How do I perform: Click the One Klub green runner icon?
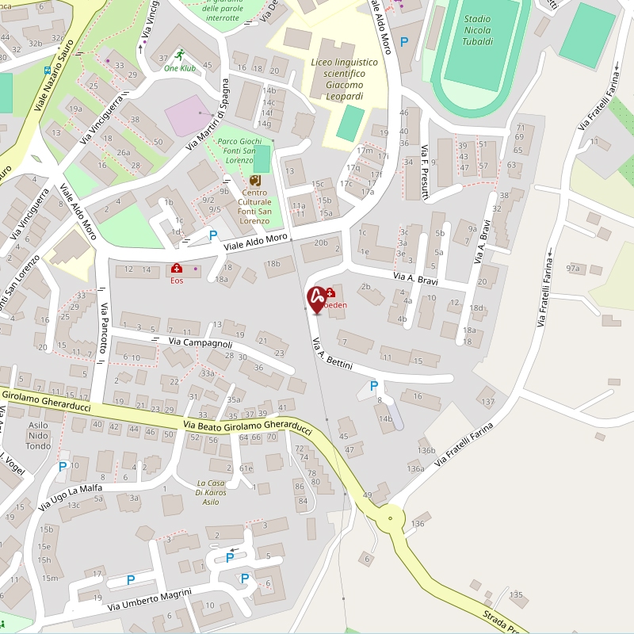tap(180, 55)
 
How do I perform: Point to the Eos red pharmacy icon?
tap(176, 269)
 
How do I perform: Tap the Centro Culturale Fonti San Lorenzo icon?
tap(255, 181)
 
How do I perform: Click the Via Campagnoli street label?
tap(201, 342)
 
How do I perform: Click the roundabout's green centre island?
tap(390, 520)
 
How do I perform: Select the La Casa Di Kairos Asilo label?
tap(212, 492)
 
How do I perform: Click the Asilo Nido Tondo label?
tap(38, 435)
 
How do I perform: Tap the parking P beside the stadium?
tap(405, 42)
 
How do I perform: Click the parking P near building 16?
tap(373, 386)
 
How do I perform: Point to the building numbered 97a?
tap(572, 269)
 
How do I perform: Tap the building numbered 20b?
tap(320, 243)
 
